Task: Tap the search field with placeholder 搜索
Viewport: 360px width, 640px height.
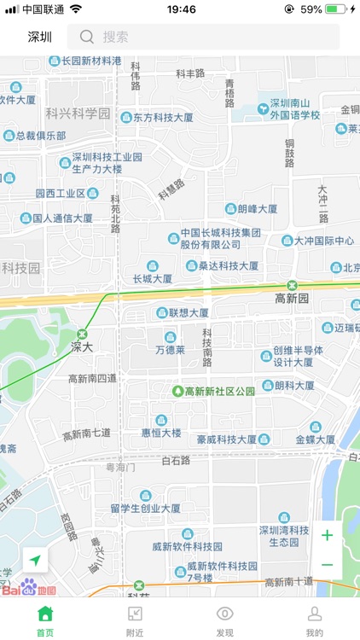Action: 209,37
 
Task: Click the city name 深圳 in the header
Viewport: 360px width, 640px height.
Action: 40,37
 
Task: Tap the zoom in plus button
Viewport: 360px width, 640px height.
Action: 327,535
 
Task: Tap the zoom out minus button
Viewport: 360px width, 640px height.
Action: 327,565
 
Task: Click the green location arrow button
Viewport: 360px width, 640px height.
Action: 35,560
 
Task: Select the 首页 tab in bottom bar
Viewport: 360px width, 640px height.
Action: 45,620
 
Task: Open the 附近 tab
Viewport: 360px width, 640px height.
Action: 135,620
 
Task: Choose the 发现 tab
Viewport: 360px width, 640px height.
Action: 224,620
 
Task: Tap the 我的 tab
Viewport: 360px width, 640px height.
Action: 314,620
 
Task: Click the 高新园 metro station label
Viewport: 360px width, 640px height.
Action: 292,298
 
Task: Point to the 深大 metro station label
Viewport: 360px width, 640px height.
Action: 82,346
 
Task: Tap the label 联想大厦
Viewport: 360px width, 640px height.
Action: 189,313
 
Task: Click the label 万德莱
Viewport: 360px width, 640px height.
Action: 170,349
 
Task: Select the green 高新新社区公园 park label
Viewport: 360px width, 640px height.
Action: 220,391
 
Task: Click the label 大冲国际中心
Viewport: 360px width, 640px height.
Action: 324,241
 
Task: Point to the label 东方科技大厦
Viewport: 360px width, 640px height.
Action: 163,118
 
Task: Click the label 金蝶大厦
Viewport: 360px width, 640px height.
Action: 316,439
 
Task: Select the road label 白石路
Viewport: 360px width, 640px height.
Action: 176,460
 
